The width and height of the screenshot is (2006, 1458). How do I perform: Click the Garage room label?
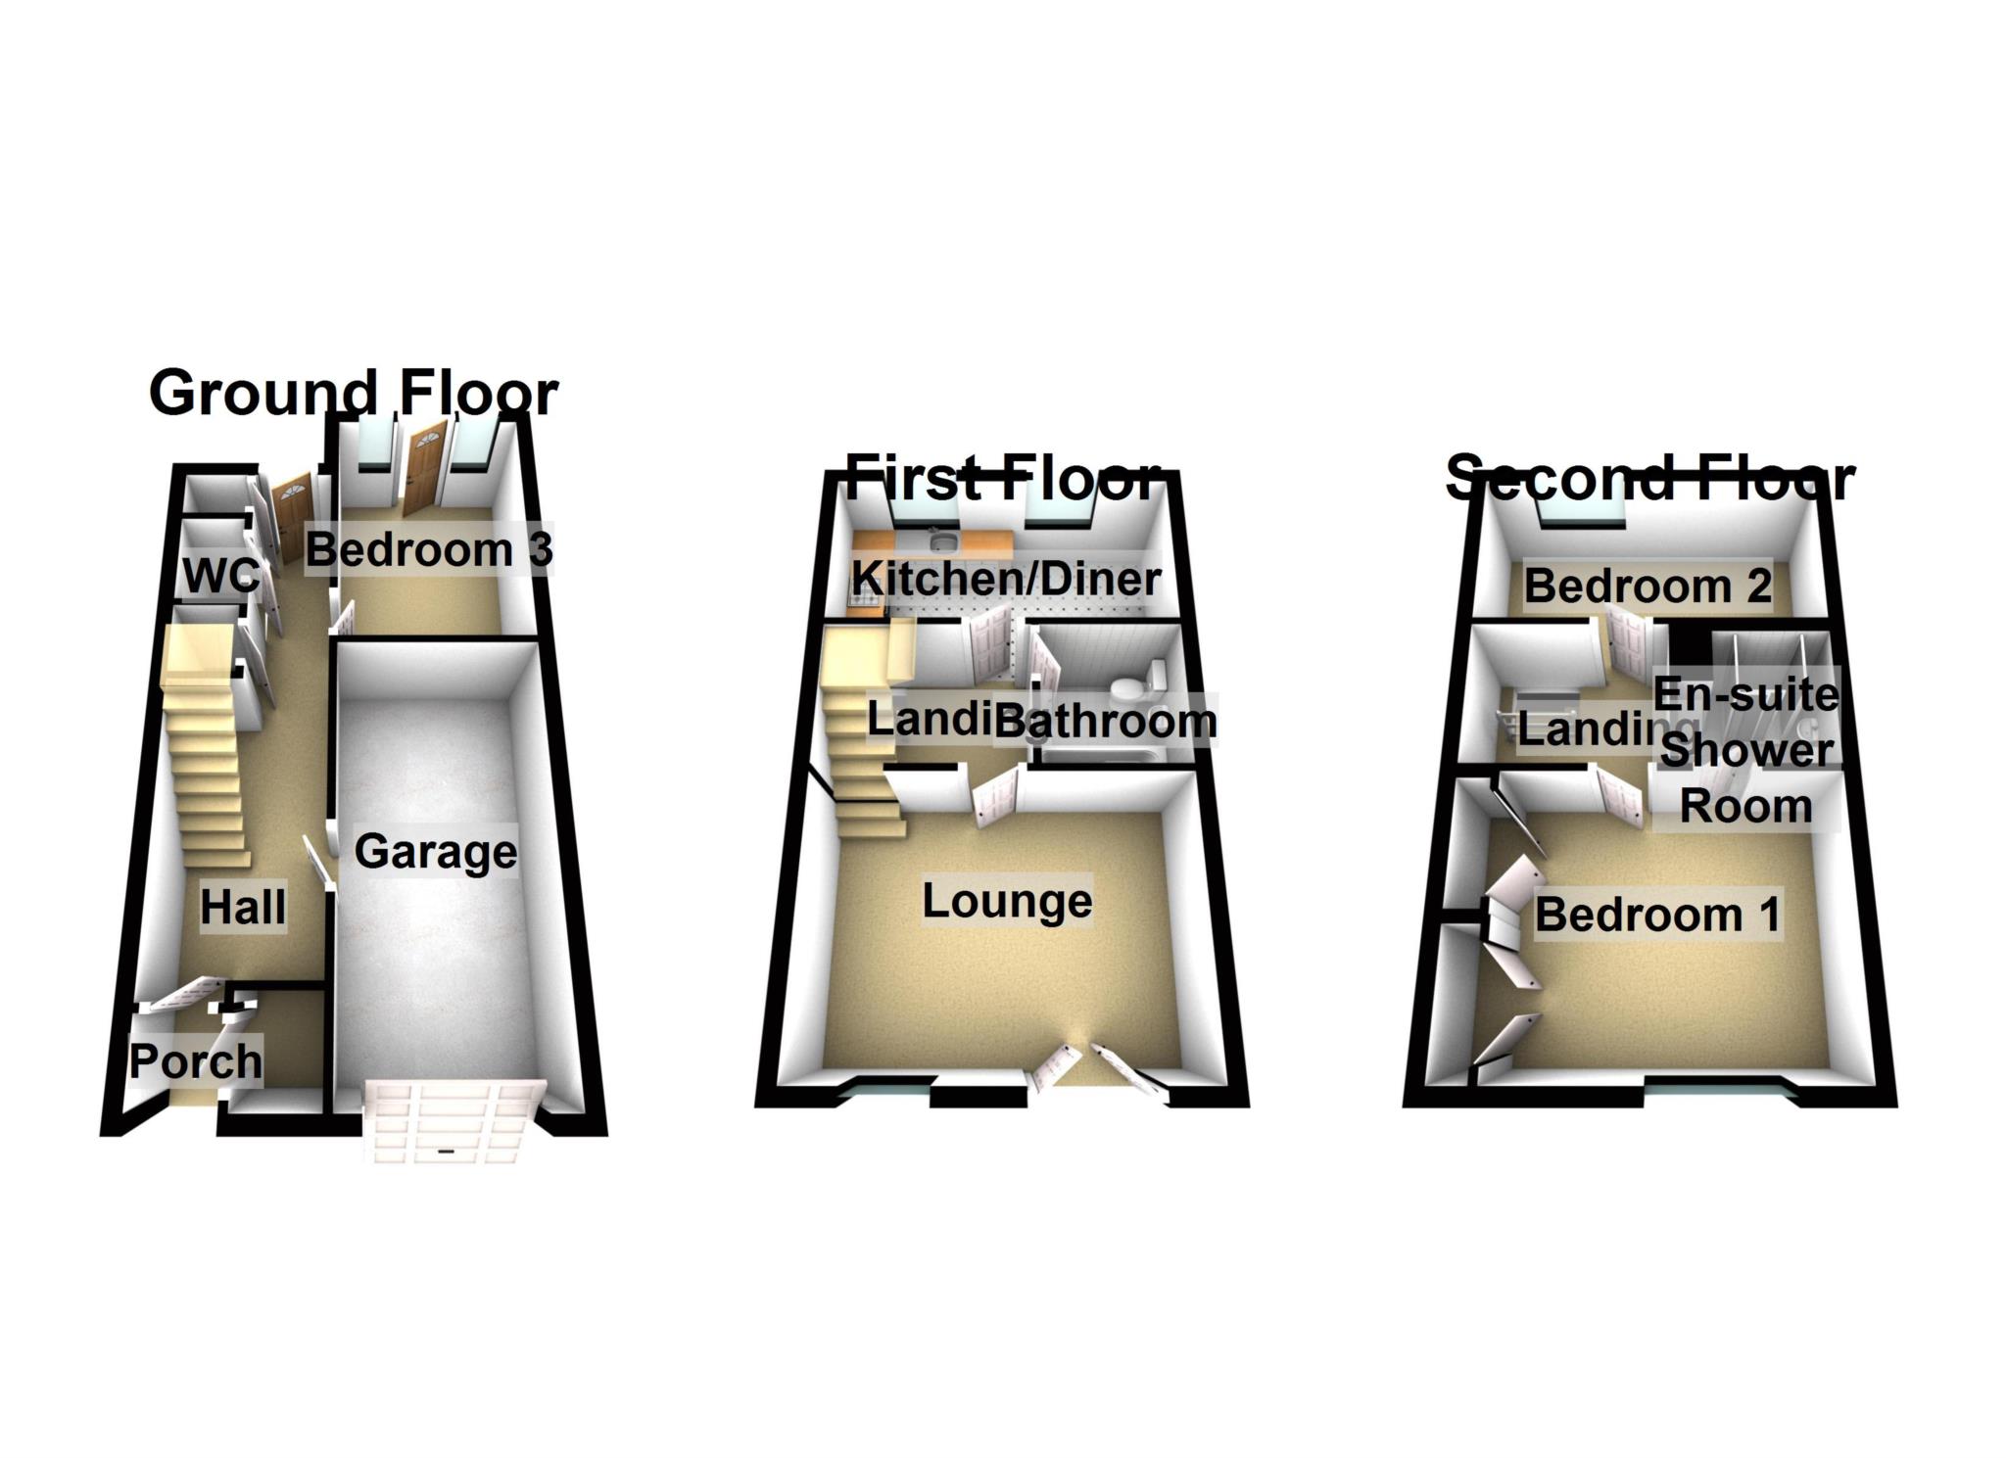click(x=435, y=851)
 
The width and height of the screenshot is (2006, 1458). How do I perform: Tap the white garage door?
click(x=454, y=1121)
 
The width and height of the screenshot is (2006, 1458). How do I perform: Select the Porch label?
click(x=196, y=1061)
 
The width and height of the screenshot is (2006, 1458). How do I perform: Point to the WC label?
click(x=221, y=576)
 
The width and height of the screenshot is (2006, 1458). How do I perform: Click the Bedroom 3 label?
click(x=428, y=549)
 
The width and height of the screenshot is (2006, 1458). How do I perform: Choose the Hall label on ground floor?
click(x=243, y=907)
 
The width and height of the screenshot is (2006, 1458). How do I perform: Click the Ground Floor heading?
click(x=353, y=393)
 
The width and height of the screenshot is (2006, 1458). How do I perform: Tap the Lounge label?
click(x=1007, y=901)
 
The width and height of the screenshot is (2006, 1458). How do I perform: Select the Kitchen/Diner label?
click(x=1006, y=578)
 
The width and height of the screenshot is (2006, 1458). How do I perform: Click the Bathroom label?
click(x=1105, y=721)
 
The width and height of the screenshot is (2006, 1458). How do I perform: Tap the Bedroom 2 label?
click(x=1648, y=586)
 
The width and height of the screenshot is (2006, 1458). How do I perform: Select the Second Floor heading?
click(x=1649, y=478)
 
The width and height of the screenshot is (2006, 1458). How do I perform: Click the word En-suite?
click(x=1745, y=694)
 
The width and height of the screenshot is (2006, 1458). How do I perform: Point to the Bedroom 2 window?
click(x=1580, y=513)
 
